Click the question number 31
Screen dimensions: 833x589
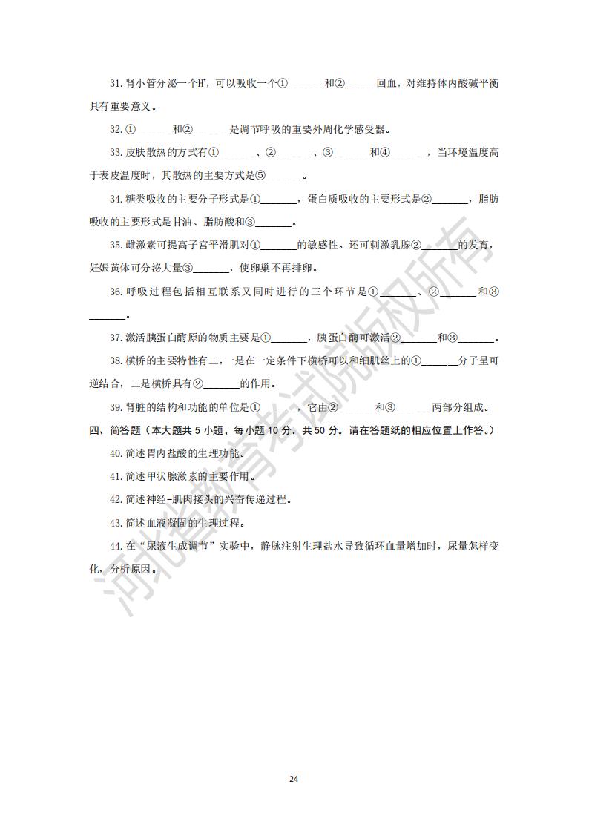[116, 85]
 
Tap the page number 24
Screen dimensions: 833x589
[294, 779]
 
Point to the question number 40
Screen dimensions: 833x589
[116, 454]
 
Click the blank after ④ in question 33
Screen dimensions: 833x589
[409, 153]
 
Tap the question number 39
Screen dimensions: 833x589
[116, 407]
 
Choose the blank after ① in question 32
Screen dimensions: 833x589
[154, 130]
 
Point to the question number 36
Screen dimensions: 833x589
[116, 292]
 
